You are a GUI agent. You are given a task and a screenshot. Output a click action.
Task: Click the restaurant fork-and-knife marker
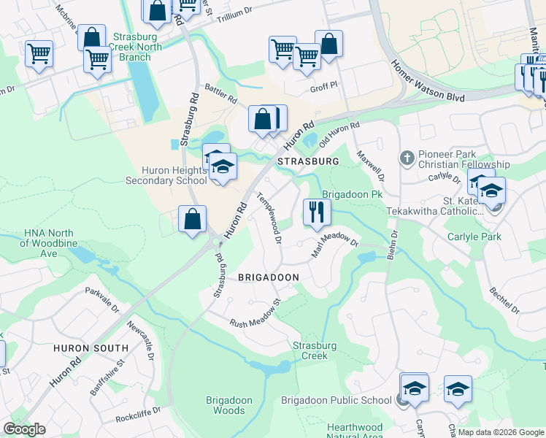[x=317, y=212]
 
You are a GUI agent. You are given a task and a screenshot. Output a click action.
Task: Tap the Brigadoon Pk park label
[x=353, y=195]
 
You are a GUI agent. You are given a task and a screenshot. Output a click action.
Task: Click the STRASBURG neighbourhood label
[x=308, y=161]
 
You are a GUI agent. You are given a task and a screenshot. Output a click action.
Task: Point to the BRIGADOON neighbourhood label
[x=269, y=277]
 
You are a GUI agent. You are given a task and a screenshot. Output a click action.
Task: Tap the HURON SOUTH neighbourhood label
[x=91, y=348]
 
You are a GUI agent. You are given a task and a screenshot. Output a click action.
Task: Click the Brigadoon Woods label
[x=229, y=405]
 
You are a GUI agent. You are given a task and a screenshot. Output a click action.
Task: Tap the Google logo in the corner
[x=24, y=429]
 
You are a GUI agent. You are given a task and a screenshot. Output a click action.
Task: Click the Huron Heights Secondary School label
[x=166, y=175]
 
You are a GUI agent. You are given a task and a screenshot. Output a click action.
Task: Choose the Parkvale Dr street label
[x=101, y=299]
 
